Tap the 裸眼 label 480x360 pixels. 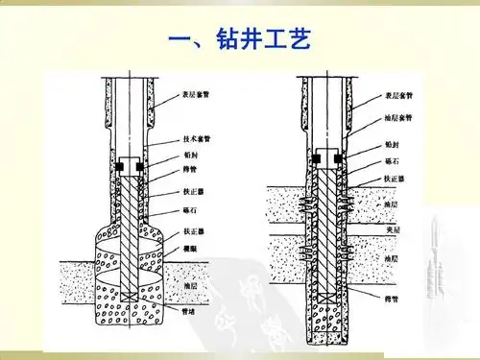click(x=189, y=248)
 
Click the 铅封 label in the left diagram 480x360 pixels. click(x=190, y=154)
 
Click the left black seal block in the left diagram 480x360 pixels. click(x=120, y=168)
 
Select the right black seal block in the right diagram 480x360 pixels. click(x=342, y=156)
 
